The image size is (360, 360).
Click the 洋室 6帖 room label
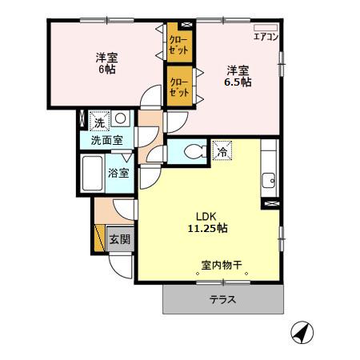[x=104, y=63]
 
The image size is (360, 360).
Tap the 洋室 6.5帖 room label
[x=238, y=75]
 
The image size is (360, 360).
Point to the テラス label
[x=223, y=300]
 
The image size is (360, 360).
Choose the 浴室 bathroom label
[x=118, y=170]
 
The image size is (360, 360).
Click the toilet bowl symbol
[x=191, y=151]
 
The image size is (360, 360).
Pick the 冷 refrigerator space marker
[x=222, y=149]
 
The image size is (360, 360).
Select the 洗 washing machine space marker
[x=98, y=122]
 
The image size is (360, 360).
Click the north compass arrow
[x=299, y=330]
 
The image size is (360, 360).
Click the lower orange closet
[x=179, y=86]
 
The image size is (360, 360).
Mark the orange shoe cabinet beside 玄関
[x=100, y=239]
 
